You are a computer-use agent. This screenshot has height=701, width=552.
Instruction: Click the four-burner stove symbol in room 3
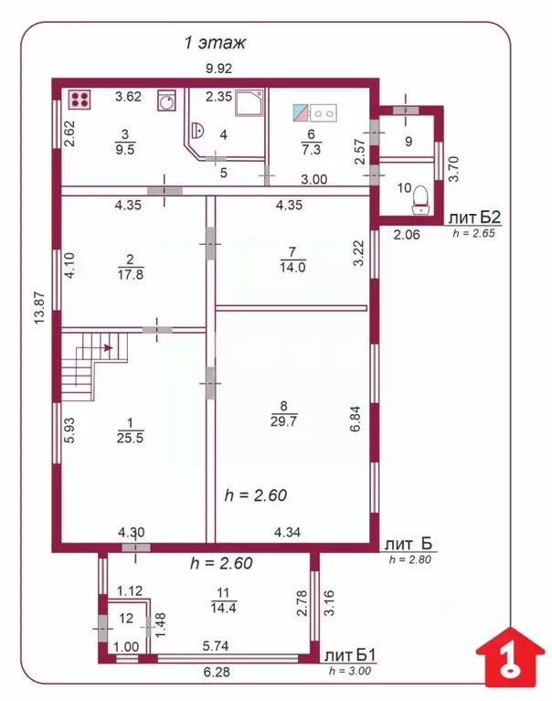(x=80, y=100)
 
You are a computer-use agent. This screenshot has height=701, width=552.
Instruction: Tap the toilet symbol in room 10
(x=420, y=200)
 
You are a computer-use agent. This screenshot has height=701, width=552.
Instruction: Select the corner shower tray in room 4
(x=249, y=103)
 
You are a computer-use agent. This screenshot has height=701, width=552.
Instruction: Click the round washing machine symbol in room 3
(x=166, y=101)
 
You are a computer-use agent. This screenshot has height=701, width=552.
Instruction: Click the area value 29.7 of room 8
(x=283, y=421)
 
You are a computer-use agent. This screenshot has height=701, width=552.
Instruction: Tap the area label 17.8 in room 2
(x=131, y=274)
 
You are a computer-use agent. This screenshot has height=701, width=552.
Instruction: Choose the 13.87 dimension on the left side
(x=39, y=308)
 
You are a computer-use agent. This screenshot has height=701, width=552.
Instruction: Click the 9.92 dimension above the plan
(x=218, y=69)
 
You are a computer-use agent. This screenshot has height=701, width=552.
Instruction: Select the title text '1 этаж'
(x=215, y=43)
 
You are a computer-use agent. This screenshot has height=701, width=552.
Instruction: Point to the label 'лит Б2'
(x=474, y=218)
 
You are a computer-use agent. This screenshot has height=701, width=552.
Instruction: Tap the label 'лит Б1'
(x=350, y=656)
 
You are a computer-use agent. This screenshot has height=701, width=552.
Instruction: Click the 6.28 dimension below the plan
(x=217, y=672)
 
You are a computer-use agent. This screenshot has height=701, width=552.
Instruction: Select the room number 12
(x=126, y=619)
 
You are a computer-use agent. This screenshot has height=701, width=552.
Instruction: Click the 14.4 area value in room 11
(x=224, y=608)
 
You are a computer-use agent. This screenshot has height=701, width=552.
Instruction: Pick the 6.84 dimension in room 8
(x=356, y=419)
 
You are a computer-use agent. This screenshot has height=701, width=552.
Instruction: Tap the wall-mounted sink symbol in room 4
(x=197, y=130)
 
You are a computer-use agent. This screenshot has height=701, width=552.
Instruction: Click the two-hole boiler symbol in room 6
(x=314, y=113)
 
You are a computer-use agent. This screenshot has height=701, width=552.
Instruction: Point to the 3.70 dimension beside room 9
(x=453, y=168)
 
